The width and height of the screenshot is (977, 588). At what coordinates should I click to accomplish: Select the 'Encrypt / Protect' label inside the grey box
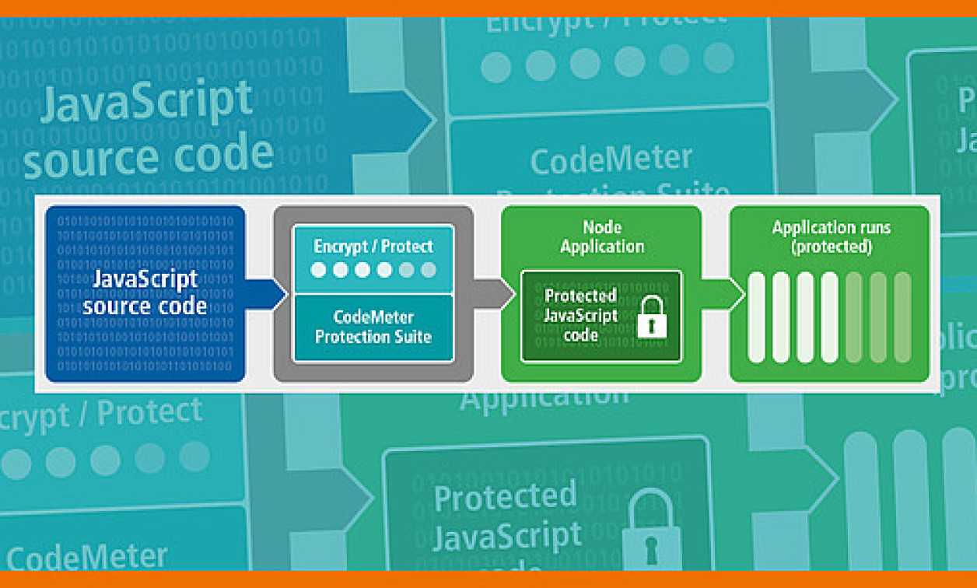click(373, 247)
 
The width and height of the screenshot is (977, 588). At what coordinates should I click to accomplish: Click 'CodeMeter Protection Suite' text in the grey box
click(373, 327)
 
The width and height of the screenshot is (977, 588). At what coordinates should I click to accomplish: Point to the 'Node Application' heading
click(602, 236)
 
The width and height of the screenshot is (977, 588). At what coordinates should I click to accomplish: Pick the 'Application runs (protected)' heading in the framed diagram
click(831, 237)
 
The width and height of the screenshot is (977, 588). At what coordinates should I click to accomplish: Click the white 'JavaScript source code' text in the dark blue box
click(145, 292)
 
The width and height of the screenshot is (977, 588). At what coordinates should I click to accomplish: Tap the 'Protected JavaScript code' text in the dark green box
click(581, 315)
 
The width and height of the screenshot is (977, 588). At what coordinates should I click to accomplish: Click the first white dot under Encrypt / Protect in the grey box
click(318, 271)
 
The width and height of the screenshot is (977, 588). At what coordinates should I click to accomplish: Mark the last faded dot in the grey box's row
click(429, 271)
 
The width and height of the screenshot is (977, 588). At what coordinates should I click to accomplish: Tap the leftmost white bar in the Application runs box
click(756, 317)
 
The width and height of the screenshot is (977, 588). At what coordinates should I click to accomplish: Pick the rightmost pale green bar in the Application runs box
click(902, 317)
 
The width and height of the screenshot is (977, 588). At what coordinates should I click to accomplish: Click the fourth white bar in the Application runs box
click(829, 317)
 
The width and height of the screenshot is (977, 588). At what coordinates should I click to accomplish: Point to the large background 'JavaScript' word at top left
click(146, 102)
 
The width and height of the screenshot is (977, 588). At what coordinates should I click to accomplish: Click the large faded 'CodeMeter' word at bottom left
click(87, 556)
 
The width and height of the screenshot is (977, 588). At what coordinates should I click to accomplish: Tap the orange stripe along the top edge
click(488, 8)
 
